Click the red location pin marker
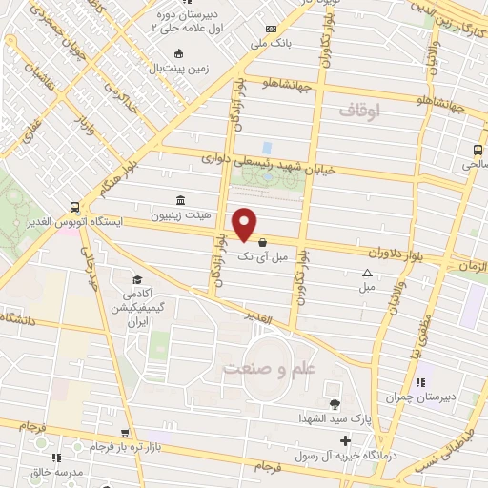[x=245, y=224]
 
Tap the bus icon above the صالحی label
[x=478, y=150]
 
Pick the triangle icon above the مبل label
[x=369, y=273]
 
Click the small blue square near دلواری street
[x=267, y=148]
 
